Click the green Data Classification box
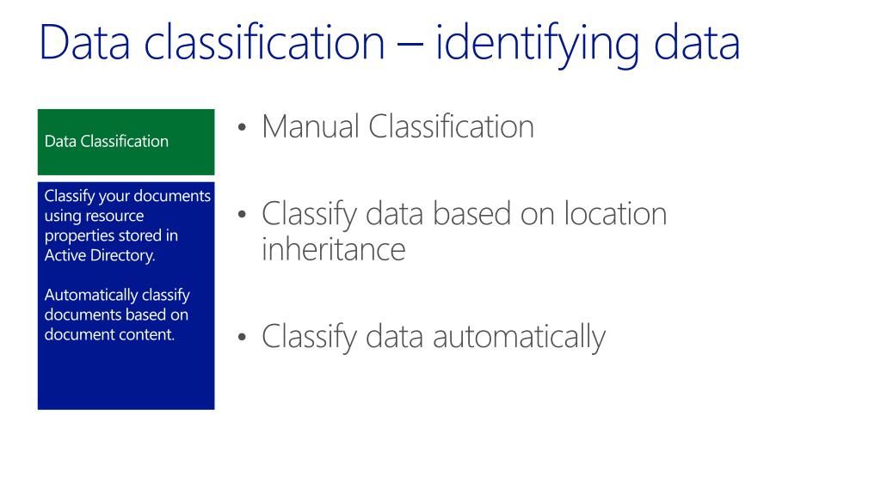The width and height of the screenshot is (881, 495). (126, 141)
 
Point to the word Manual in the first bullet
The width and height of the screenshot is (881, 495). (311, 127)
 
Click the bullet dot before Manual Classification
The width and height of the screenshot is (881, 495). (243, 130)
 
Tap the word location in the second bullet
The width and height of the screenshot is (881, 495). (614, 213)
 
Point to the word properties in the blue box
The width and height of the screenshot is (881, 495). (77, 235)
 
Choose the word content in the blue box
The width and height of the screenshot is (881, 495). (148, 333)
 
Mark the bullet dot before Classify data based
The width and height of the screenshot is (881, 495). (243, 216)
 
